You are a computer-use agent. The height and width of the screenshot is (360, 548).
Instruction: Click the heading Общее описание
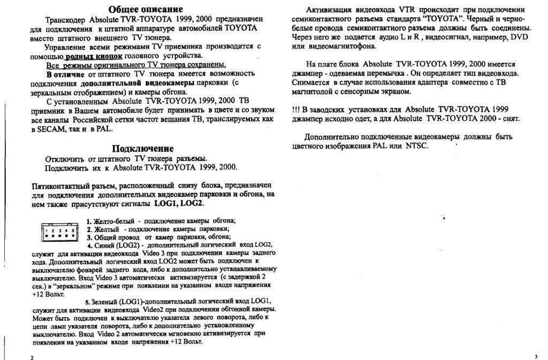click(145, 9)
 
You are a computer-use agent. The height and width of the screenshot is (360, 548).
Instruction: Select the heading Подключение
click(142, 148)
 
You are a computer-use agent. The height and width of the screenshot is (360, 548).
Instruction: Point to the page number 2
click(33, 356)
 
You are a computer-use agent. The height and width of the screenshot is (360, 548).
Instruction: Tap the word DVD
click(519, 37)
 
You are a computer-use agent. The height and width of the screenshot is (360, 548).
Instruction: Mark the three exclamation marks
click(296, 109)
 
